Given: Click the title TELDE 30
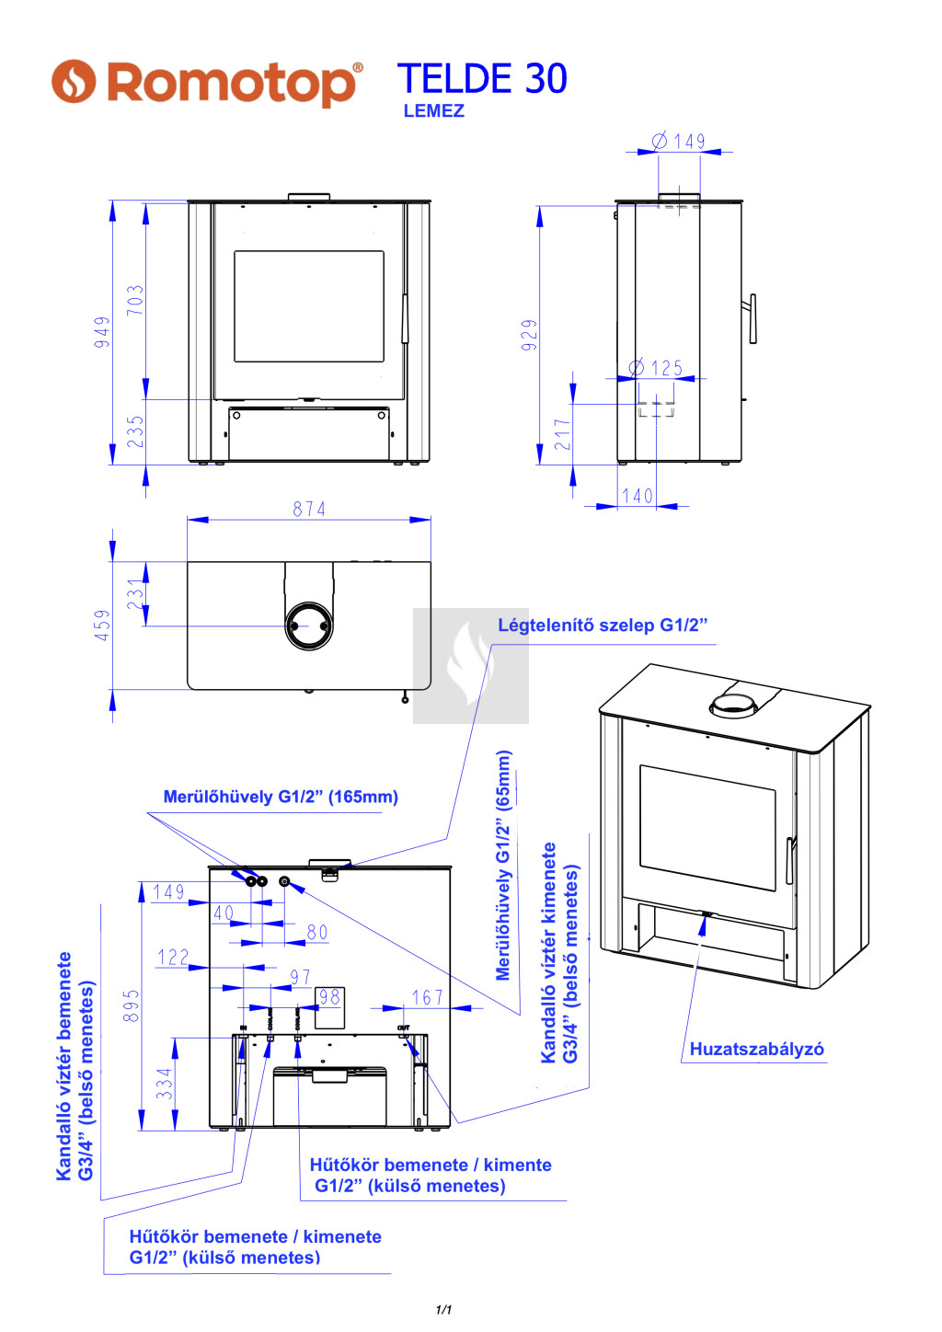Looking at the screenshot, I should [482, 79].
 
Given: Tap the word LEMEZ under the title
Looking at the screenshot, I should [433, 111].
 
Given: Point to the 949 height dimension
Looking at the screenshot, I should [102, 331].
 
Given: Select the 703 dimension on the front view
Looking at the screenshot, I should [135, 300].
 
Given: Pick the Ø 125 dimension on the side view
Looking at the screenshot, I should [656, 368].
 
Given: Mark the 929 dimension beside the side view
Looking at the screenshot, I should [529, 335].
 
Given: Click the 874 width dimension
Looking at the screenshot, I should [309, 509].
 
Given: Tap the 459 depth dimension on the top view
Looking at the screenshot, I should [102, 625].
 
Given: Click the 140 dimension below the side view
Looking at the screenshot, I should [638, 497].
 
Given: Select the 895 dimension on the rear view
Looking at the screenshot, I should [132, 1005].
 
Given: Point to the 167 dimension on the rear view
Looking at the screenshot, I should [427, 997].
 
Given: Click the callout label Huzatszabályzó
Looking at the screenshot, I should [756, 1050].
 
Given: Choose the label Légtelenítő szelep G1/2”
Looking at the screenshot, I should [603, 626].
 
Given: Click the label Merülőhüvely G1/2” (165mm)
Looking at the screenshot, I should [281, 797].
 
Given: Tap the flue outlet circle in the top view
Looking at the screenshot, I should [309, 626].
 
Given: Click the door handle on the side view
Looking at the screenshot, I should [752, 318].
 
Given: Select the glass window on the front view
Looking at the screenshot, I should [309, 306].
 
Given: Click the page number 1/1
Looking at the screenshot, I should [443, 1309].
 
